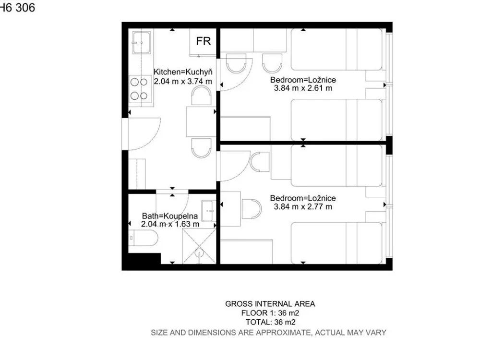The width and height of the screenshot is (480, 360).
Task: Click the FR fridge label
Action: [x=204, y=41]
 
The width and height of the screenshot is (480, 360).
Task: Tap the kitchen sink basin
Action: [x=141, y=43]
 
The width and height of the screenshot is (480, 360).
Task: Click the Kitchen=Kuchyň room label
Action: [x=183, y=72]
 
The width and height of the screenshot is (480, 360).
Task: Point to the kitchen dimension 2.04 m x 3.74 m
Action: [x=183, y=82]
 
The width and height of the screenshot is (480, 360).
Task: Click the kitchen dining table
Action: [x=201, y=121]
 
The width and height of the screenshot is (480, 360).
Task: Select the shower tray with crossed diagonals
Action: [x=199, y=246]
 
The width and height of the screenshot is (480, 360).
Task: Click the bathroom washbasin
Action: [x=209, y=211]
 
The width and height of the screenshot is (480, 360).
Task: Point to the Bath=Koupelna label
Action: [x=170, y=216]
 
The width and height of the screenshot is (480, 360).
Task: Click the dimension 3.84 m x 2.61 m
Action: [x=303, y=88]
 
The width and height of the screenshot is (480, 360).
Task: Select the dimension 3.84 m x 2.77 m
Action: [x=303, y=206]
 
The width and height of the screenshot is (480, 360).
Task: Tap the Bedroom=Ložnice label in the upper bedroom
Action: [x=303, y=80]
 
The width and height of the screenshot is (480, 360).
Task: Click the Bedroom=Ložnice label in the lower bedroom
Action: [x=303, y=198]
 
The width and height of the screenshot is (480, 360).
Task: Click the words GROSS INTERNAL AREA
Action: [x=270, y=304]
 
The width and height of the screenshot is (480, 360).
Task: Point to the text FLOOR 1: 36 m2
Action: [x=270, y=313]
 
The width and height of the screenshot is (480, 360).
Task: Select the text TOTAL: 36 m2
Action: [x=270, y=323]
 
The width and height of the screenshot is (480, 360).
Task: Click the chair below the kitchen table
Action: [x=201, y=148]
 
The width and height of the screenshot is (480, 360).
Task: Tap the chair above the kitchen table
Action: [x=201, y=96]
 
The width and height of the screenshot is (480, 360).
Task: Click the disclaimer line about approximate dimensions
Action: [x=268, y=333]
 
